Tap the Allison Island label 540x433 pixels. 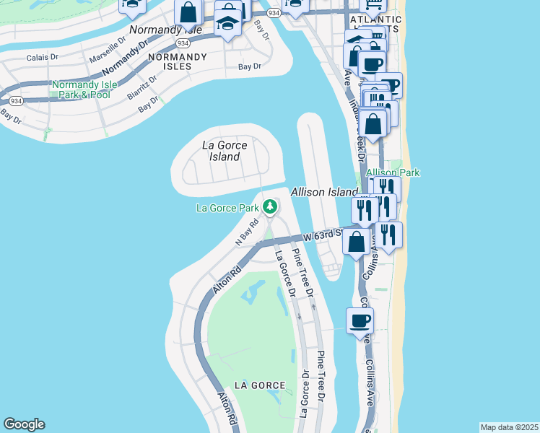(x=324, y=192)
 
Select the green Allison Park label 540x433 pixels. (x=393, y=172)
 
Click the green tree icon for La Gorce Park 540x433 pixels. (x=270, y=208)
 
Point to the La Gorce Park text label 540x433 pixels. (x=227, y=209)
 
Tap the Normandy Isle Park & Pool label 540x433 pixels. (x=81, y=89)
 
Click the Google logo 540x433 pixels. (x=24, y=424)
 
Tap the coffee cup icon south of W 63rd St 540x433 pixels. (x=360, y=320)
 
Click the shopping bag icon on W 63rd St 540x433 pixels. (x=356, y=242)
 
